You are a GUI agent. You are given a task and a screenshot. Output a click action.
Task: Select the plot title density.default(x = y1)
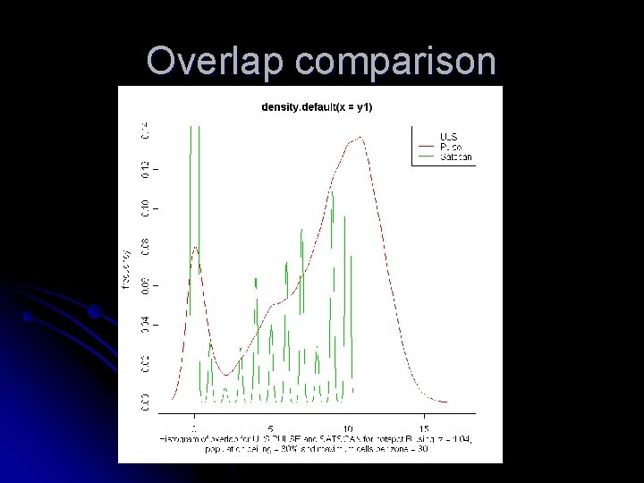point(317,107)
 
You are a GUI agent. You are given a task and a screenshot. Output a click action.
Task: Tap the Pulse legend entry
point(449,147)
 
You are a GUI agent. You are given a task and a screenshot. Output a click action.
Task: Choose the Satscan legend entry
point(456,157)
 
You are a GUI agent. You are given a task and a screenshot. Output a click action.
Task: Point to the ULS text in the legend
point(447,137)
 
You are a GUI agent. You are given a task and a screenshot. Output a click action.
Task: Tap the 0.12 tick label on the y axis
point(145,168)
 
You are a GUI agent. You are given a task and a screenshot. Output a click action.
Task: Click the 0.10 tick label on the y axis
point(145,208)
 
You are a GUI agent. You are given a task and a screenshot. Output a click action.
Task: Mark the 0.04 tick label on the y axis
point(145,325)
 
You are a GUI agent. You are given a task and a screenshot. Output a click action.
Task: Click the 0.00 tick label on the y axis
point(145,402)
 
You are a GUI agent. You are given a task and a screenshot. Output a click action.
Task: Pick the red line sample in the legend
point(426,147)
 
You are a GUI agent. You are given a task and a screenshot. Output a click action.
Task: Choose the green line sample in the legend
point(426,157)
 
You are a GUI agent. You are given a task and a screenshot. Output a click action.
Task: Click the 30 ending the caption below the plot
point(421,448)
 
